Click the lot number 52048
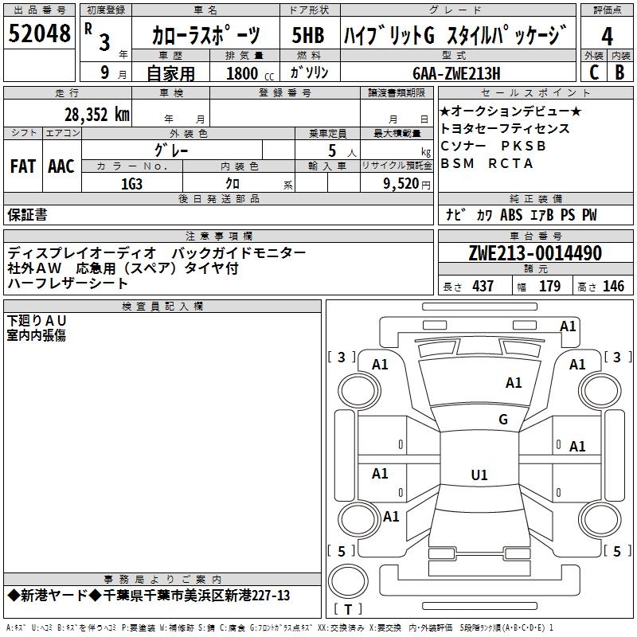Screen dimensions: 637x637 point(39,34)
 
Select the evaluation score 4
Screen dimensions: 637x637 point(607,37)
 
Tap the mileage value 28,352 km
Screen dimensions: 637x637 point(96,115)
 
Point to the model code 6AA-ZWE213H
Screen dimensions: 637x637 point(456,74)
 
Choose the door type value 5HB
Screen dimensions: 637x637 point(308,36)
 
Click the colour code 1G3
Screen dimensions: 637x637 point(131,184)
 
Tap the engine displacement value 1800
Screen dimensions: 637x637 point(243,74)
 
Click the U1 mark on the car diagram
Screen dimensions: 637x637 point(479,475)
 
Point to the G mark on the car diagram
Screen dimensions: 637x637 point(502,420)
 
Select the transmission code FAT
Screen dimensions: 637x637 point(22,166)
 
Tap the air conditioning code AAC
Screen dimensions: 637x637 point(61,166)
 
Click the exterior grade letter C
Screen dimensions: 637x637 point(593,72)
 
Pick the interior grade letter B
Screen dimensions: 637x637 point(619,72)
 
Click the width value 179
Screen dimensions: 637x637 point(549,287)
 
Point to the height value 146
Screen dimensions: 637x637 point(613,287)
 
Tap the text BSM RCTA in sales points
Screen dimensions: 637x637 point(487,163)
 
